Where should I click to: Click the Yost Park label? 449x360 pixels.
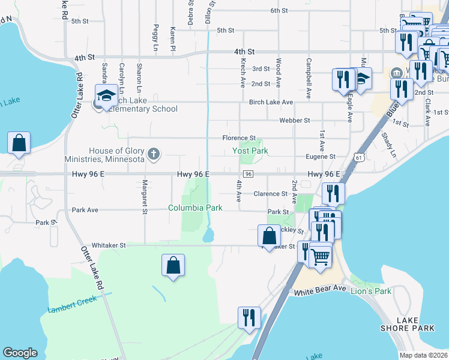250,151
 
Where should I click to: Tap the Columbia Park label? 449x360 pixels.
195,208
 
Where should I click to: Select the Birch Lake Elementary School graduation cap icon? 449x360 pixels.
107,96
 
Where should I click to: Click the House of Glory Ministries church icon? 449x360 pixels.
154,154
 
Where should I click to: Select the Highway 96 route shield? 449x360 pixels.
249,174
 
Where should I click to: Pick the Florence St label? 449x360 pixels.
239,138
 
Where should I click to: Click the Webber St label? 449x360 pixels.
295,121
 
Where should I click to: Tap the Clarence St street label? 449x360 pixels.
270,194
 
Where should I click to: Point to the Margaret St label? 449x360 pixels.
145,196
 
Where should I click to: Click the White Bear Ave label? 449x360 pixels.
320,290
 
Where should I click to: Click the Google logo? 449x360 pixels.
20,353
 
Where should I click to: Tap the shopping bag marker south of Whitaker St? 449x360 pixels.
173,265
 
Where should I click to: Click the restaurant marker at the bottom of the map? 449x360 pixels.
249,317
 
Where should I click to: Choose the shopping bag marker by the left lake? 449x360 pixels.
19,143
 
